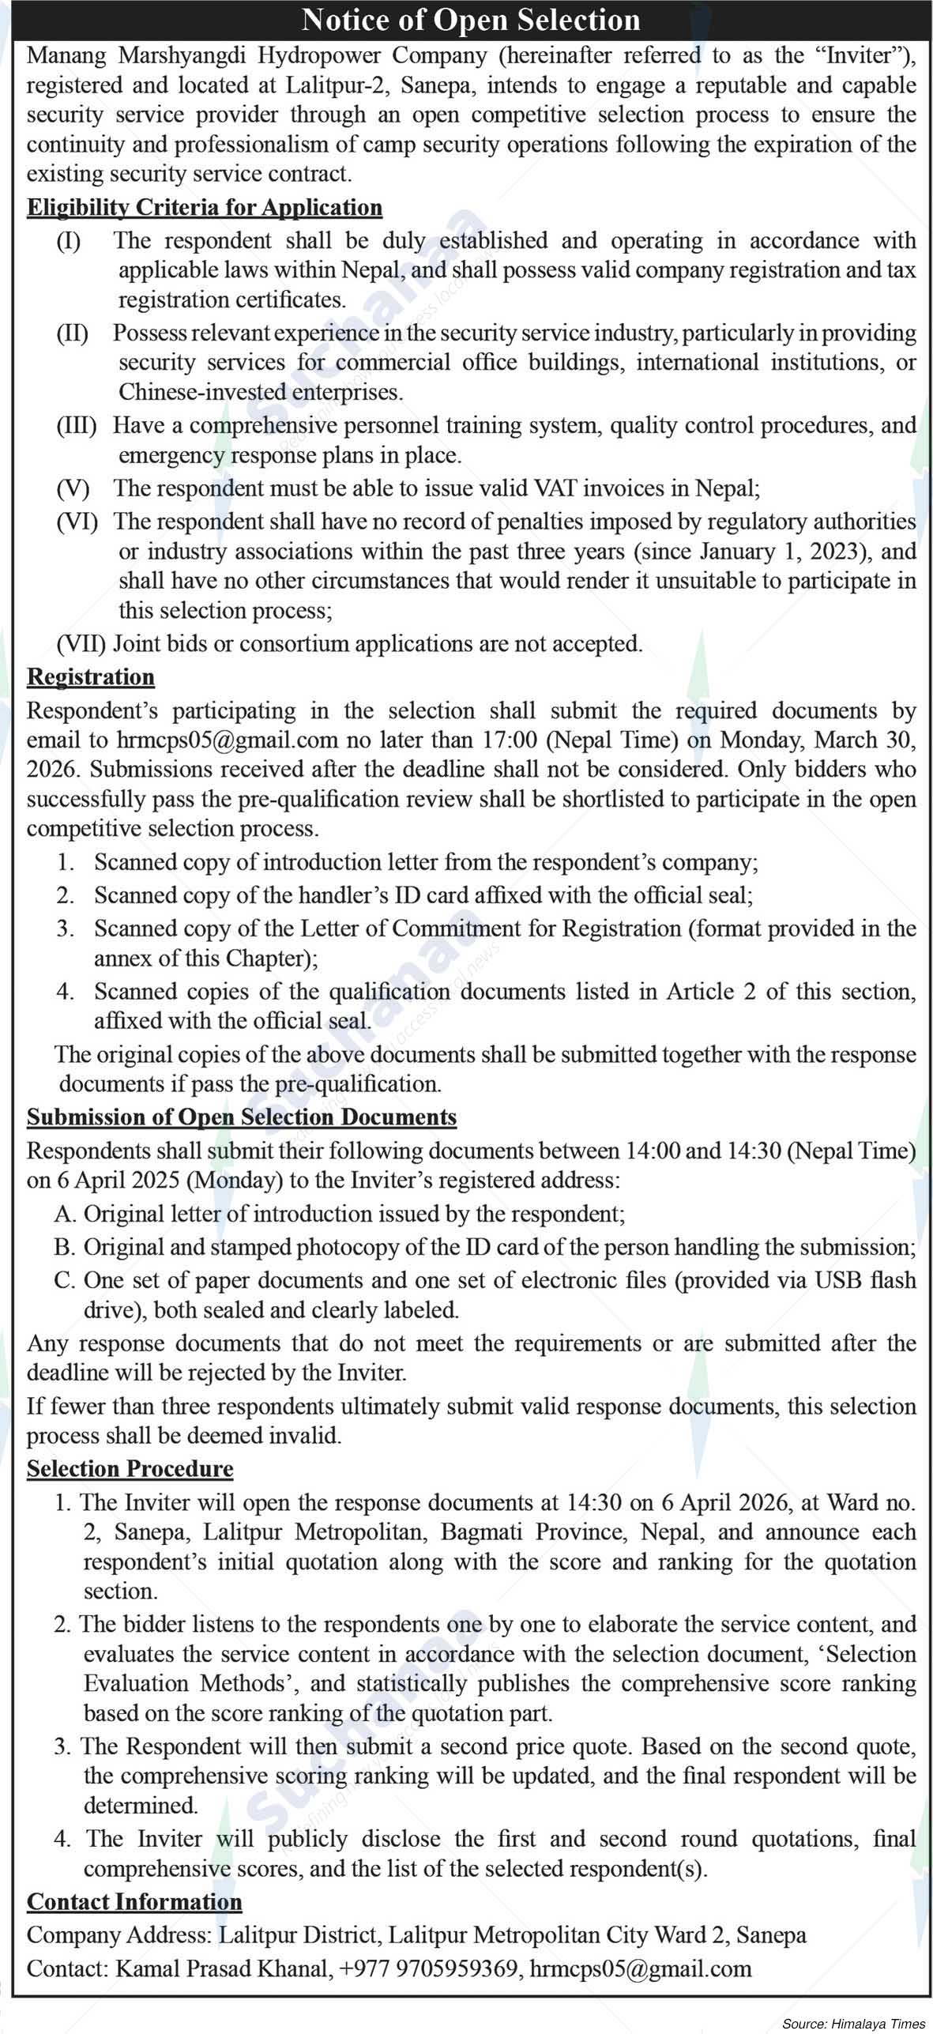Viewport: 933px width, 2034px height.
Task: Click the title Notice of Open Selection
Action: [471, 20]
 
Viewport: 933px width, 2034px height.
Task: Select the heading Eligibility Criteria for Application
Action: [205, 208]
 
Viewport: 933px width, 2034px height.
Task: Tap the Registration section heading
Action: [91, 677]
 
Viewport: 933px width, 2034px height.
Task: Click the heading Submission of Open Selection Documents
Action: [242, 1117]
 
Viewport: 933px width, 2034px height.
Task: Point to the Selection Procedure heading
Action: [130, 1468]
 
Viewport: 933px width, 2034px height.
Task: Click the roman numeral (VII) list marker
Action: [81, 644]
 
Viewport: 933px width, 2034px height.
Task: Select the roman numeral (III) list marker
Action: [77, 426]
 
